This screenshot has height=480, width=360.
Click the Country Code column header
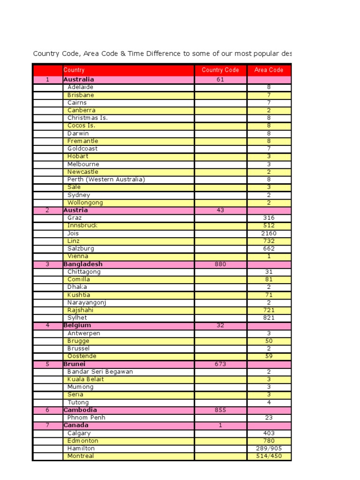[x=220, y=70]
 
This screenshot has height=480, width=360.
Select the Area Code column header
[x=269, y=70]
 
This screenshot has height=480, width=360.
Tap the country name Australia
[x=79, y=80]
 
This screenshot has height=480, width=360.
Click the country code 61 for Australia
[x=220, y=80]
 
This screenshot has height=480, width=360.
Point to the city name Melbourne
[x=83, y=165]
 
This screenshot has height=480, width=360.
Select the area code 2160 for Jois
[x=269, y=233]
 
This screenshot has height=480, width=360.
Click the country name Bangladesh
[x=83, y=264]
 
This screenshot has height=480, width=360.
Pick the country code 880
[x=220, y=264]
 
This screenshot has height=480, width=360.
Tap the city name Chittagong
[x=84, y=272]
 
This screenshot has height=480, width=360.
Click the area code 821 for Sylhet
[x=269, y=318]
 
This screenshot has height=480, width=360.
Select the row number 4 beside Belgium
[x=47, y=325]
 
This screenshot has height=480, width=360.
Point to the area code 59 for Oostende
[x=269, y=356]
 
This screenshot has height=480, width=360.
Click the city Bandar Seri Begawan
[x=100, y=372]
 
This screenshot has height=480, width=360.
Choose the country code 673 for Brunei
[x=220, y=364]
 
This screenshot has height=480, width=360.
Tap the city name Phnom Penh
[x=86, y=418]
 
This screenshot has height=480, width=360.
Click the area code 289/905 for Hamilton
[x=269, y=449]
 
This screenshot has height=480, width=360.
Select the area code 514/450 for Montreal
[x=269, y=456]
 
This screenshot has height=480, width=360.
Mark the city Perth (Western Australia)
[x=106, y=180]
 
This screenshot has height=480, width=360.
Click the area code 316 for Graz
[x=269, y=218]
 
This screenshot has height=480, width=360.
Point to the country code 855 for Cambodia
[x=220, y=410]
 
